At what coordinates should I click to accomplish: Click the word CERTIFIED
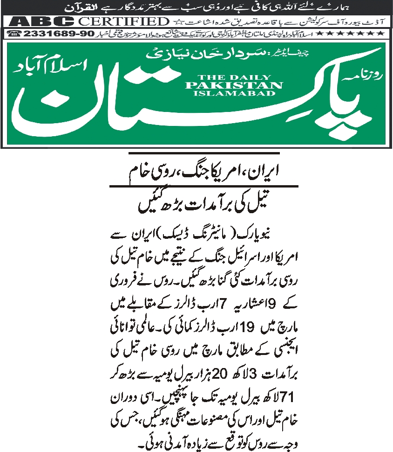pyautogui.click(x=123, y=21)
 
